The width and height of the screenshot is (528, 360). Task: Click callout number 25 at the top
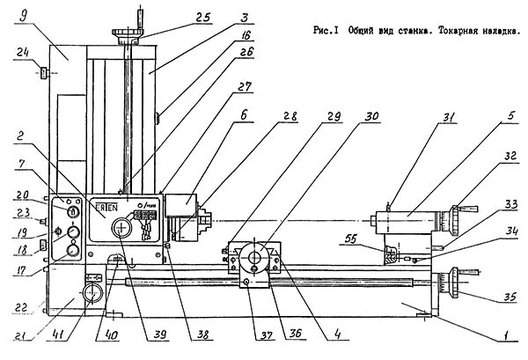tap(203, 17)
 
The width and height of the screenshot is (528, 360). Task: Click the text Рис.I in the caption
tap(325, 29)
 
